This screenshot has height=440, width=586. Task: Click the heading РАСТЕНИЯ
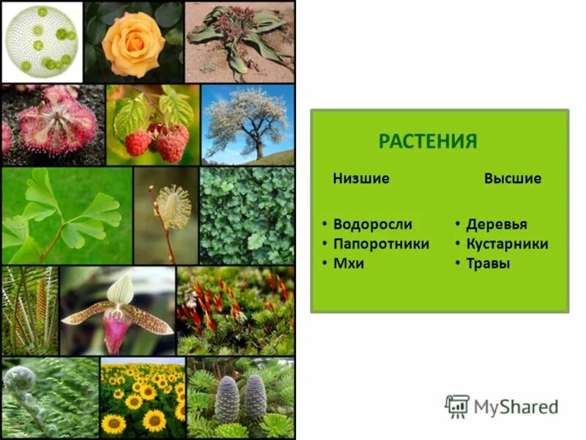pyautogui.click(x=427, y=141)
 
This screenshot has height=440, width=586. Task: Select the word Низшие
pyautogui.click(x=360, y=178)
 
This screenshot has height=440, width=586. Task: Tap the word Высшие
pyautogui.click(x=512, y=178)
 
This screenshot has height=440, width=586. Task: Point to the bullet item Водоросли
pyautogui.click(x=372, y=224)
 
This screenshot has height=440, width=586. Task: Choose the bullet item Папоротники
pyautogui.click(x=381, y=243)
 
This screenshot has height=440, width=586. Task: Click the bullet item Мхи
pyautogui.click(x=349, y=263)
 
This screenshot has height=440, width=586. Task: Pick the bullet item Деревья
pyautogui.click(x=496, y=224)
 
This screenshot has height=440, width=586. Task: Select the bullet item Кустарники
pyautogui.click(x=507, y=243)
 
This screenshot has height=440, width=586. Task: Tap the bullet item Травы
pyautogui.click(x=488, y=263)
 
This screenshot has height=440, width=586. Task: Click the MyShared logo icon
pyautogui.click(x=457, y=406)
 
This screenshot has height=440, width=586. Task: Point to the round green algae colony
pyautogui.click(x=42, y=41)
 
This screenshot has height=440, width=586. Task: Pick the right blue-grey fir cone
pyautogui.click(x=254, y=397)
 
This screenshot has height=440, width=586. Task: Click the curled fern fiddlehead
pyautogui.click(x=21, y=380)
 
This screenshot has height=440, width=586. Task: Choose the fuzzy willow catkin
pyautogui.click(x=173, y=207)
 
